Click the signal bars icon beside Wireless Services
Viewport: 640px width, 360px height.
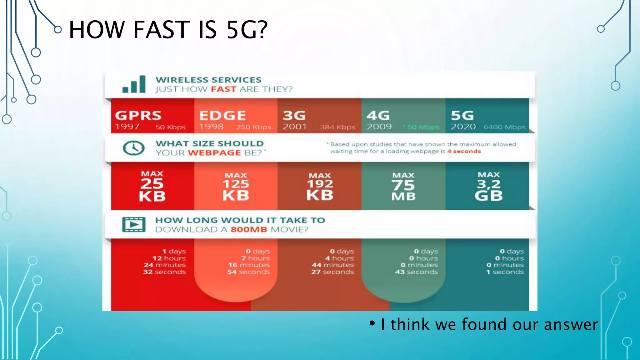pos(134,84)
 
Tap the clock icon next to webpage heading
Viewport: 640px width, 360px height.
pos(133,148)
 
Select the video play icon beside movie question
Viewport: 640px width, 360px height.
pos(134,224)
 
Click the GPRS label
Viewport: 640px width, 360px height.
pos(138,116)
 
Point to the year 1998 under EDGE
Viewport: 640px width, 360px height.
pos(211,127)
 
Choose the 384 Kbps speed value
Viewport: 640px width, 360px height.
pos(337,127)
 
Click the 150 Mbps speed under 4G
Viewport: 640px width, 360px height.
pos(421,127)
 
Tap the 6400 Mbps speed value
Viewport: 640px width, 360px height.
pos(504,127)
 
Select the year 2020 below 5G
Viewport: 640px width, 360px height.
pos(463,127)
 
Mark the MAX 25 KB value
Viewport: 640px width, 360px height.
pos(152,187)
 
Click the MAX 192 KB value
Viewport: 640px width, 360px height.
pos(320,187)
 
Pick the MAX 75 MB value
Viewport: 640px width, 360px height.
pos(403,187)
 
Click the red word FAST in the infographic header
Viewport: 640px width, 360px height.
pos(223,89)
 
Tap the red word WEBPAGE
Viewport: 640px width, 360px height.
pos(214,153)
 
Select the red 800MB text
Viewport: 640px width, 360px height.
pos(249,230)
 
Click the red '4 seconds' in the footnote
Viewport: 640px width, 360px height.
pos(464,151)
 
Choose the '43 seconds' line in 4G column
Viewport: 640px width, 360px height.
pos(416,272)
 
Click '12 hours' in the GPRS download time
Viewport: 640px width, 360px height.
pos(169,258)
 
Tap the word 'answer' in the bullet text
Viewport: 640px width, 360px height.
pos(571,325)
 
